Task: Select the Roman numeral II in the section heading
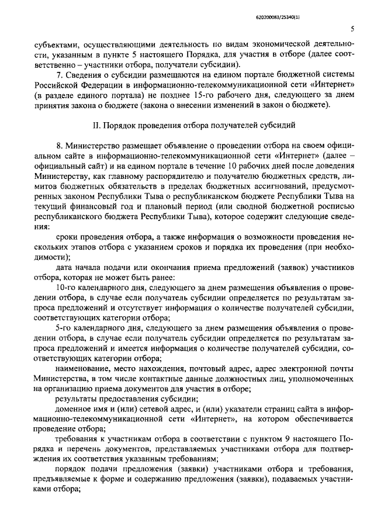click(x=96, y=125)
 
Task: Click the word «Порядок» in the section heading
click(x=120, y=125)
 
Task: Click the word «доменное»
click(x=72, y=410)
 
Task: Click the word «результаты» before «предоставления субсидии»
click(x=75, y=399)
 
